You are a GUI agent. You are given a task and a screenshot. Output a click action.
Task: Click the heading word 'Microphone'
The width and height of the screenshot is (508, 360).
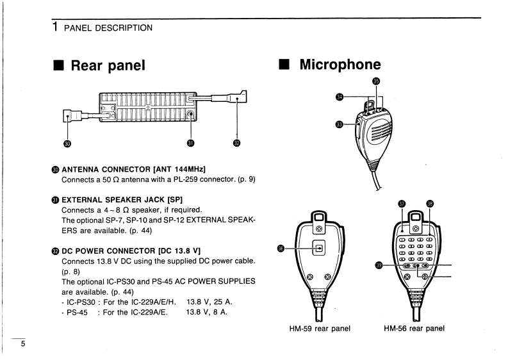coord(340,64)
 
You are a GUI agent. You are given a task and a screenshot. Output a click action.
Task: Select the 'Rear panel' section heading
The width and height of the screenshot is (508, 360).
coord(108,65)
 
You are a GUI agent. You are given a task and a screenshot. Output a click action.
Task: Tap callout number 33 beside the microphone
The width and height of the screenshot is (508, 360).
coord(340,124)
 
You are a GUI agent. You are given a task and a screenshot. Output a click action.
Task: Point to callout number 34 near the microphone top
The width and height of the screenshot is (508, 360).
coord(340,97)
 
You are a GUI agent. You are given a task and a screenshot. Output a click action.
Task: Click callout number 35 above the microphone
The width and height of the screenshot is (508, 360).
coord(375,81)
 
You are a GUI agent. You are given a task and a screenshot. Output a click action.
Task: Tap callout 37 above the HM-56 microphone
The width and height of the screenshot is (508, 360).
coord(401,204)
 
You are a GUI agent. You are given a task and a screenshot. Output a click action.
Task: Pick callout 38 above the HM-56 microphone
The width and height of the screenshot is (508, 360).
coord(430,204)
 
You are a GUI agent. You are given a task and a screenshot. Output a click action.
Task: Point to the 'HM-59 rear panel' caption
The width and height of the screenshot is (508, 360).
coord(320,329)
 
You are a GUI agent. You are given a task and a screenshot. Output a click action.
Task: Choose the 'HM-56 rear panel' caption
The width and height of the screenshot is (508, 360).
coord(414,329)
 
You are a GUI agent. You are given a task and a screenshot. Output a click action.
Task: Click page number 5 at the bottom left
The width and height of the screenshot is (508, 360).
coord(22,344)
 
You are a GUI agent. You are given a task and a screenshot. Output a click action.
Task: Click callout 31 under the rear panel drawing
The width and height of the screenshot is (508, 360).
coord(190,142)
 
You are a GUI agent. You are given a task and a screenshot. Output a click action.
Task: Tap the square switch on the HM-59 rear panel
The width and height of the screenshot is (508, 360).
coord(318,247)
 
